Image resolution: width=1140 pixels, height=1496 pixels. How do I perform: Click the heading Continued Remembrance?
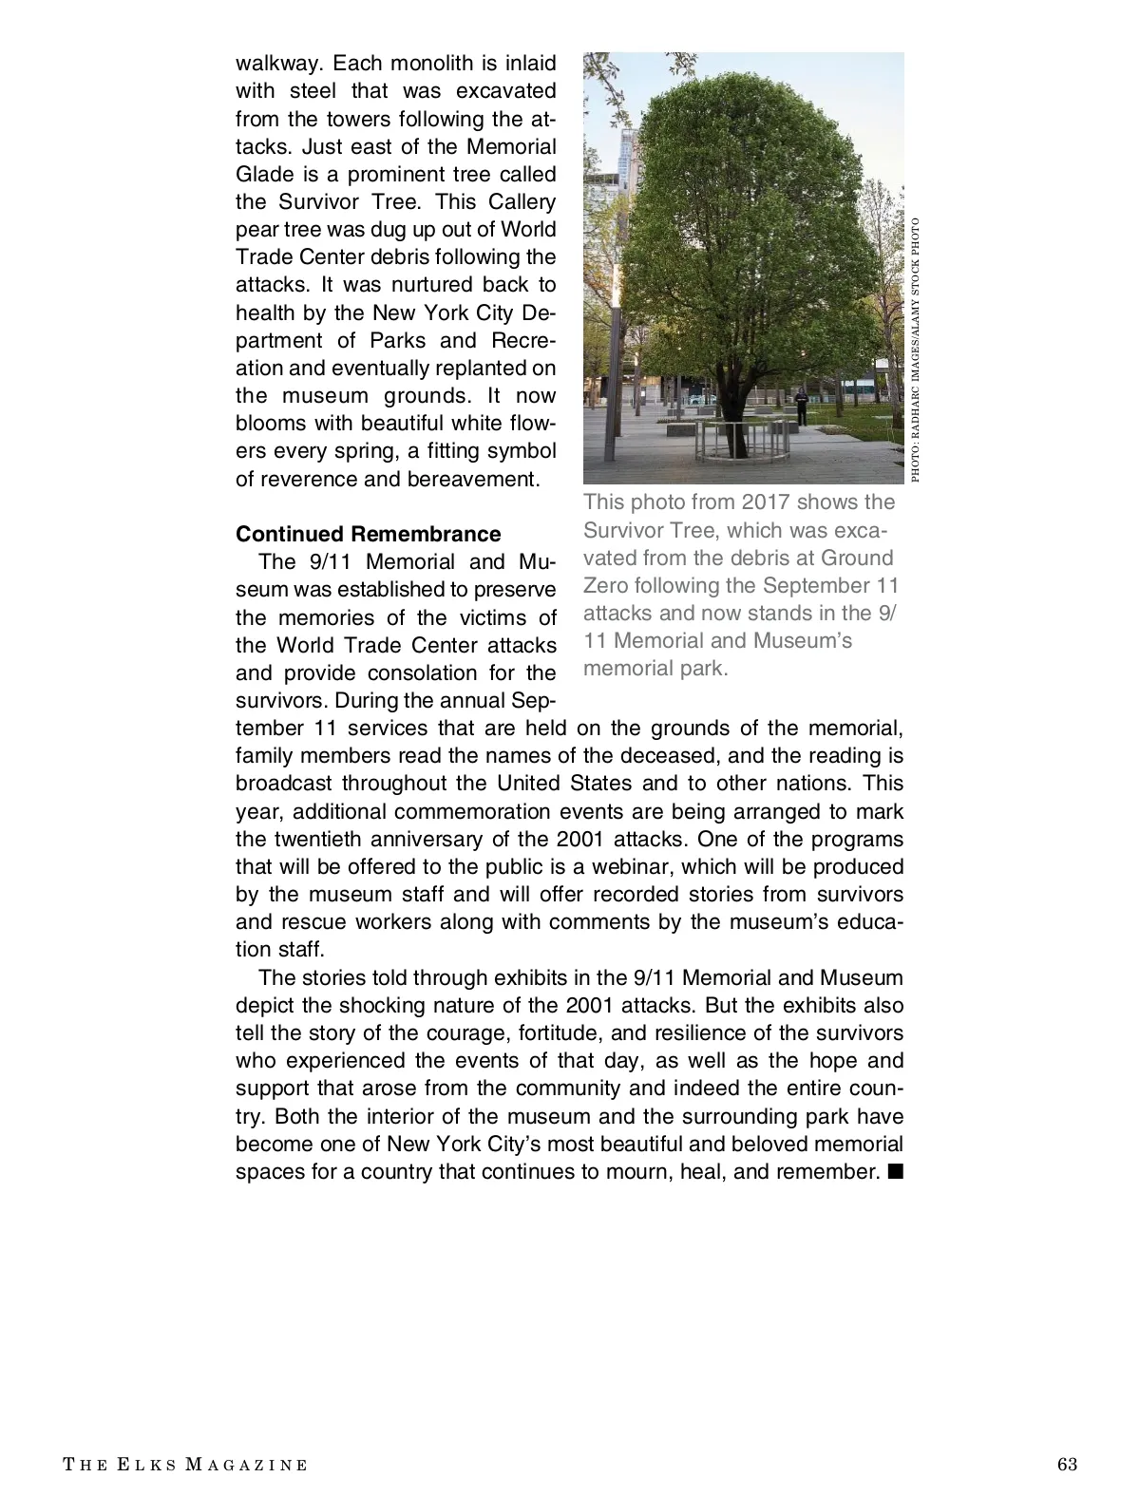click(368, 534)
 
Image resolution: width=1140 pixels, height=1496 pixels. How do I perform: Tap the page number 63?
click(1067, 1464)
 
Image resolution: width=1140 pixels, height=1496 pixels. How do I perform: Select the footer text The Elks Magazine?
click(185, 1465)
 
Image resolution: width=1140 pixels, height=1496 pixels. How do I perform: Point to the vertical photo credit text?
click(915, 350)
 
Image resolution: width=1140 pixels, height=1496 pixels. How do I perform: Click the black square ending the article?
click(894, 1171)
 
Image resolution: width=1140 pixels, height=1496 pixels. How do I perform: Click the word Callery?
click(522, 202)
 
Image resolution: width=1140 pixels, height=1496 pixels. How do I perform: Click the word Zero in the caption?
click(605, 585)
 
